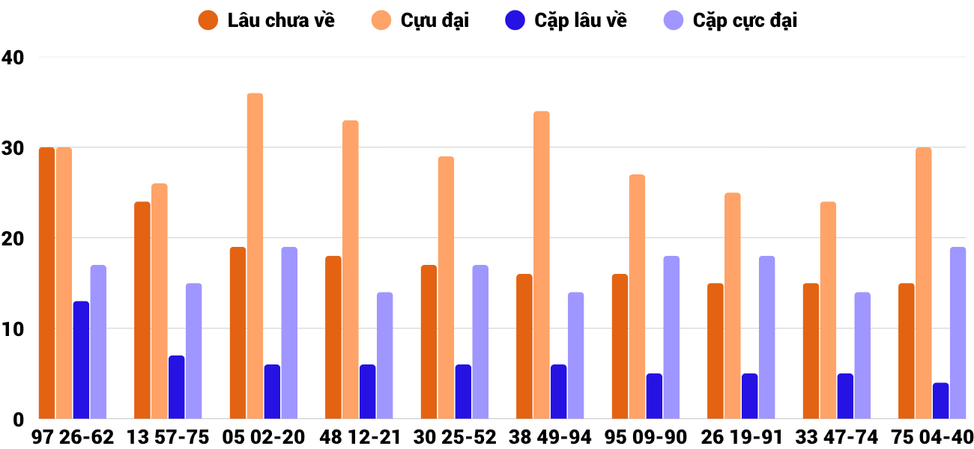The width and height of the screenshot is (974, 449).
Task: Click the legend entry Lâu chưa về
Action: click(266, 20)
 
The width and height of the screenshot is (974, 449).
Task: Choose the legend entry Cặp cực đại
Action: click(730, 20)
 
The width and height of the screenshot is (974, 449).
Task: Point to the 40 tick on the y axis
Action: click(13, 57)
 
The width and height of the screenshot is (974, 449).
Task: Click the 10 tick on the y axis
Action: click(13, 329)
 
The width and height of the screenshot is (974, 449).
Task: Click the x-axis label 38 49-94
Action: click(550, 437)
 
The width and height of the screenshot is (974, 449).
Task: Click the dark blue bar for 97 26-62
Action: click(81, 360)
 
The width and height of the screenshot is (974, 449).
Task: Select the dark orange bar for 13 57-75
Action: click(142, 310)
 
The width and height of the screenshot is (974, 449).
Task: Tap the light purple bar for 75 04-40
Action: click(958, 332)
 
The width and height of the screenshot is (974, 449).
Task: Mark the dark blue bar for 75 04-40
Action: click(940, 400)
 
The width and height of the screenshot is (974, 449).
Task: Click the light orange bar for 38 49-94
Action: click(542, 265)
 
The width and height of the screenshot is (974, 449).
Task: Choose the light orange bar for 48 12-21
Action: click(351, 269)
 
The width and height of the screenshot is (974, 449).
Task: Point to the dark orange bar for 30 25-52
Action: click(429, 342)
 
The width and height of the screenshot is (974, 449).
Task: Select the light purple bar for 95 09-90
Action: click(671, 337)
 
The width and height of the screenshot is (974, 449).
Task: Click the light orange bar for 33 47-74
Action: click(828, 310)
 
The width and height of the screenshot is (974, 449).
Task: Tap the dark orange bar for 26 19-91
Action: click(716, 351)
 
